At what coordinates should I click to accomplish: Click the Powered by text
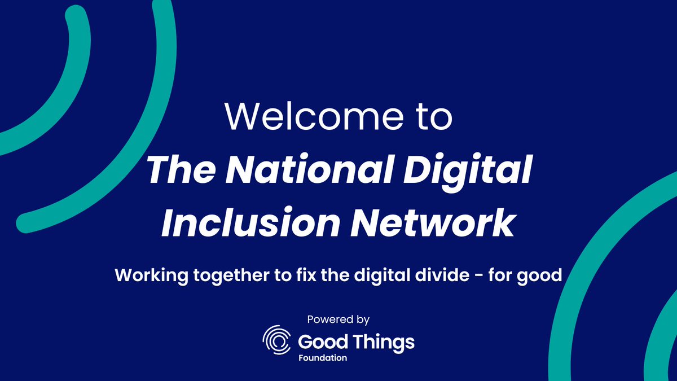338,319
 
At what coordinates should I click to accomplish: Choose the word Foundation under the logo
323,358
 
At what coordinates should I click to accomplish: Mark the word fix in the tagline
314,275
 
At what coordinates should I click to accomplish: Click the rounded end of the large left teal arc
26,222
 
